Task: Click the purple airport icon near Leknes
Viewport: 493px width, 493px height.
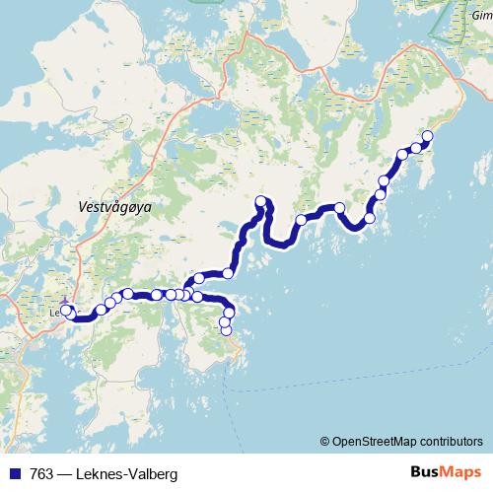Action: (x=64, y=302)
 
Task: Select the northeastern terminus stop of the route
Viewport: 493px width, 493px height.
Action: (x=428, y=136)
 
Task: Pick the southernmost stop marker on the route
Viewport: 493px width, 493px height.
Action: (x=226, y=330)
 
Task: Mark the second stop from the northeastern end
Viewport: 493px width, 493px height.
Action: (x=416, y=148)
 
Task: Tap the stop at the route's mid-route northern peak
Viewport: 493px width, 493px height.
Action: (x=261, y=202)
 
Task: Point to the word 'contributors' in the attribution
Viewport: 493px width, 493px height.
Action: (x=450, y=441)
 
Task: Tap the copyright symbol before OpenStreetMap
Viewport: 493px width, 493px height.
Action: (x=324, y=441)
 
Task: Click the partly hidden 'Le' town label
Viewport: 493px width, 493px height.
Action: (x=53, y=314)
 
